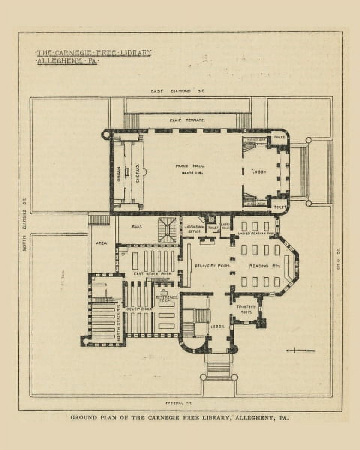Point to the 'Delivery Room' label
click(x=212, y=265)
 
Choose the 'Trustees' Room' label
click(x=246, y=309)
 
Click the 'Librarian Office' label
click(x=194, y=229)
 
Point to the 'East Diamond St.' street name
click(x=177, y=91)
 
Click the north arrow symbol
click(x=301, y=351)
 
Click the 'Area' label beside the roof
click(x=101, y=243)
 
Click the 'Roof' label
click(x=135, y=227)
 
